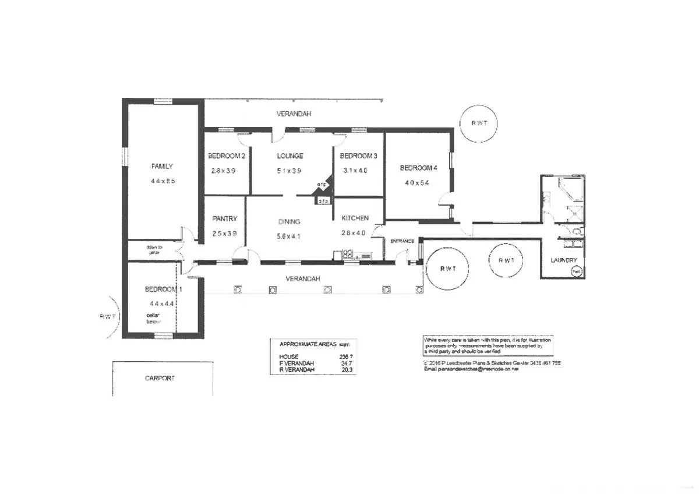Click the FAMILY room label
click(x=162, y=167)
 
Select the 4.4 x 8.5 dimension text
click(x=163, y=181)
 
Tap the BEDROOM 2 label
click(x=226, y=156)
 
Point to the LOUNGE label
click(x=290, y=156)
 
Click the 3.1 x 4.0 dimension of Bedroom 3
click(x=356, y=171)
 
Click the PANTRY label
click(x=224, y=219)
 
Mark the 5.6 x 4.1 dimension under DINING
click(x=289, y=236)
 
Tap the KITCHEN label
click(x=355, y=218)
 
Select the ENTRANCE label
click(x=402, y=241)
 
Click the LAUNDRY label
click(x=564, y=260)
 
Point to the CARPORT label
click(x=160, y=378)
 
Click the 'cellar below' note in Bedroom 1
click(x=153, y=318)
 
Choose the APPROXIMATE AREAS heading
click(x=310, y=343)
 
